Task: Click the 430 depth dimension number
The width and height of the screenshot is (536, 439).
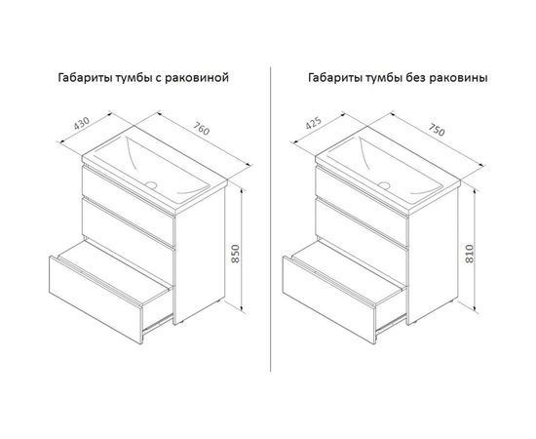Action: pos(82,124)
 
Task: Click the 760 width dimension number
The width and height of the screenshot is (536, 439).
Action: pos(201,130)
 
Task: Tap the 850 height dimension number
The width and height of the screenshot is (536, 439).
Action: pos(236,254)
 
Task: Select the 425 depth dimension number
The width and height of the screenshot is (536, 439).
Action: pos(314,124)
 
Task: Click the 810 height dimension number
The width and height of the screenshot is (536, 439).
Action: pos(470,254)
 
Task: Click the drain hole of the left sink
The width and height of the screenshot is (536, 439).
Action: pos(151,185)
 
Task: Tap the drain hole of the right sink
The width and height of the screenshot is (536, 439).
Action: pos(384,185)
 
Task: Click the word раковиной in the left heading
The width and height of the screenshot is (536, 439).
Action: pos(197,78)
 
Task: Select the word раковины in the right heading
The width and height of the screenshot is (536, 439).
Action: pos(458,78)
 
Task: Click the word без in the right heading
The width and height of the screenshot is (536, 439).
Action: pos(416,78)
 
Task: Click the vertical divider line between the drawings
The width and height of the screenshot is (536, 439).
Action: pos(270,219)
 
